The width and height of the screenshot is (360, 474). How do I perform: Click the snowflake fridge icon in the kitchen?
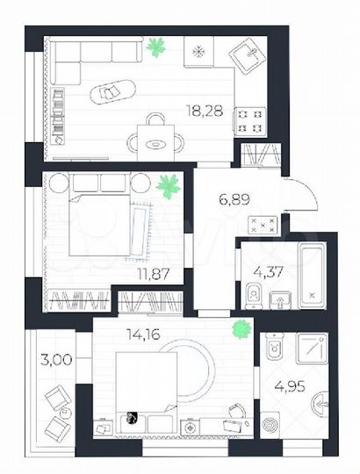[x=198, y=51]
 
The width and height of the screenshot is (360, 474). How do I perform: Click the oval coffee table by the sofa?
[x=113, y=91]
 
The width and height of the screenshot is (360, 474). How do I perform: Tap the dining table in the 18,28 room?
[x=155, y=136]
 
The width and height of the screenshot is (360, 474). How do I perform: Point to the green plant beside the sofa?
[x=158, y=46]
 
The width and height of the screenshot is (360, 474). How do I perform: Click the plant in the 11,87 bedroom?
[x=165, y=185]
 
